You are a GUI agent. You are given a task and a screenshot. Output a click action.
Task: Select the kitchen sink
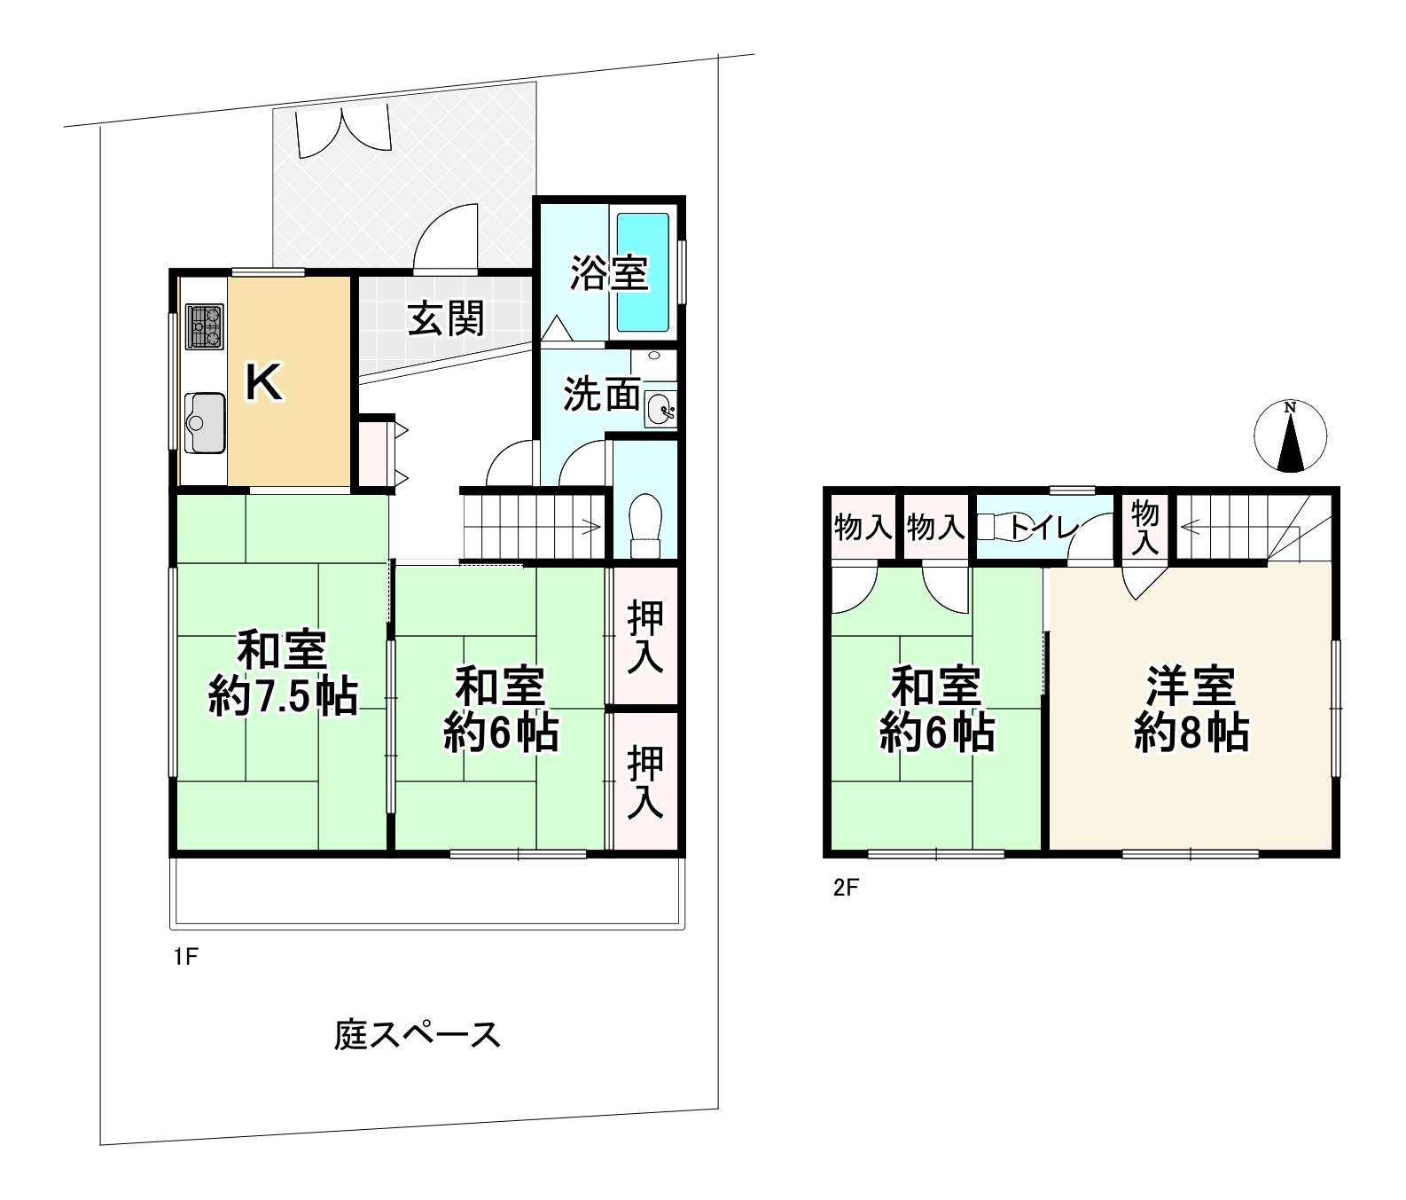click(x=205, y=422)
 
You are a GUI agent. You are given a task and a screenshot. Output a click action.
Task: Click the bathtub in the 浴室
click(x=643, y=271)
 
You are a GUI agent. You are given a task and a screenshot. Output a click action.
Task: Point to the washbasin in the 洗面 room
click(x=660, y=409)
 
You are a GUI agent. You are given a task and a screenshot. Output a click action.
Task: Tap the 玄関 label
click(x=446, y=318)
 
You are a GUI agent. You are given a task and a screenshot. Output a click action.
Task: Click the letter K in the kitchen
click(x=263, y=384)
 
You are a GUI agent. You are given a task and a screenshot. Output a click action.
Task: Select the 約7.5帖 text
click(x=283, y=698)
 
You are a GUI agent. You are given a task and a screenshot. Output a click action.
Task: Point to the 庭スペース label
click(x=417, y=1035)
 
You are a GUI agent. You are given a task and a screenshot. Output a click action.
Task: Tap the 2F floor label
click(x=847, y=888)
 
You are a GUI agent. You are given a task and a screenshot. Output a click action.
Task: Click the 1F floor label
click(x=185, y=957)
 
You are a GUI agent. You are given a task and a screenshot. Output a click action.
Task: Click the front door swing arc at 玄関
click(x=448, y=231)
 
